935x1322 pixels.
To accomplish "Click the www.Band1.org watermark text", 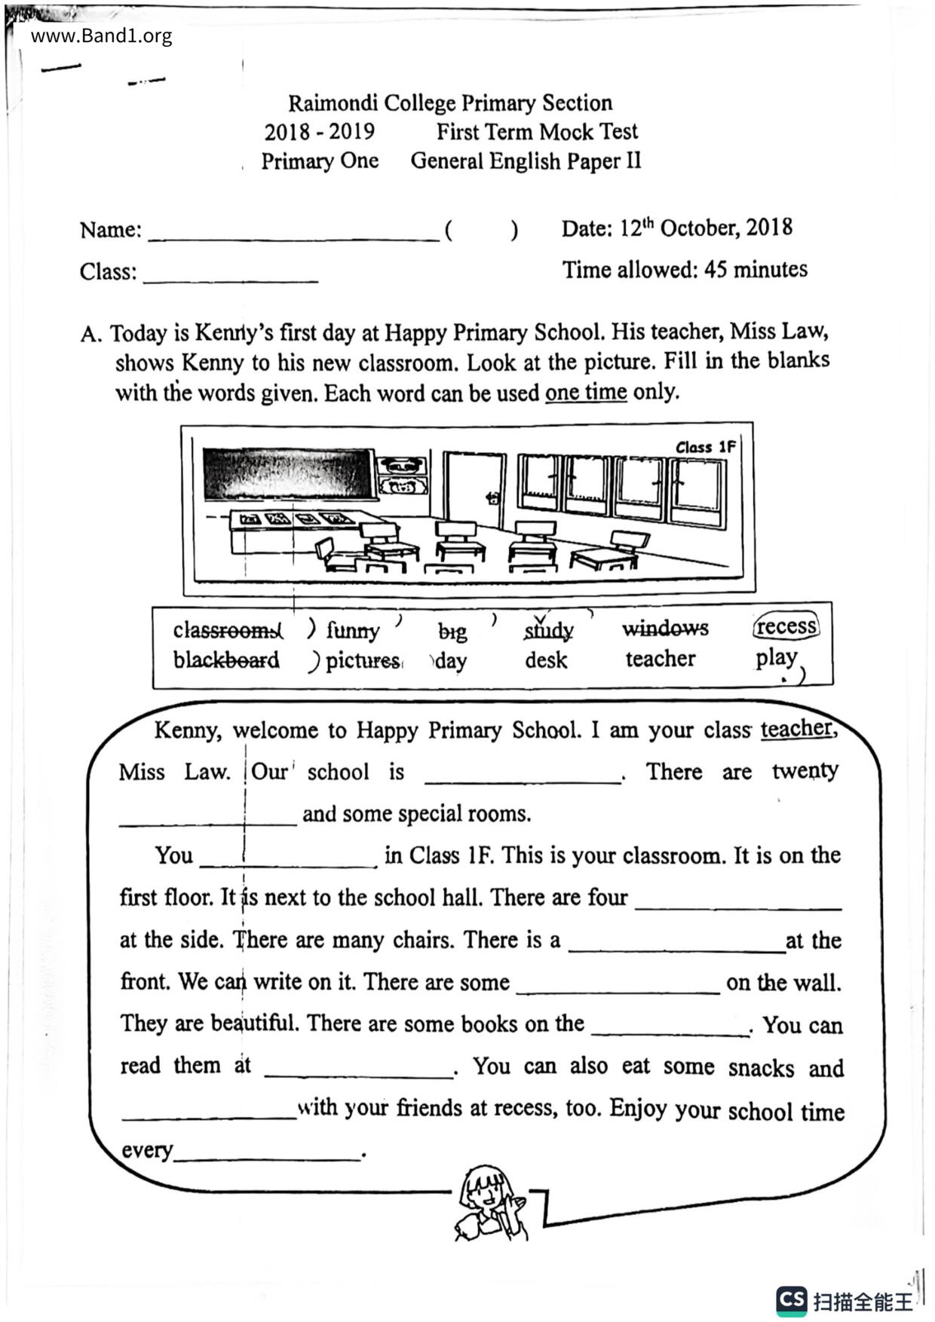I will (101, 36).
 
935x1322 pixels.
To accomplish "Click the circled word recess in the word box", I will (786, 626).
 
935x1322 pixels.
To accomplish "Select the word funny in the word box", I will (353, 629).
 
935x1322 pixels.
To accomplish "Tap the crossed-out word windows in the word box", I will (665, 628).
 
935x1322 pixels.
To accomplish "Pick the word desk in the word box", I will (546, 660).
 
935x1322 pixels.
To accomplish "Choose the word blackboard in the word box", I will (226, 660).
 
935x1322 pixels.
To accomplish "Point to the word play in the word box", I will (777, 658).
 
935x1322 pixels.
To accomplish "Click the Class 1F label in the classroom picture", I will (705, 447).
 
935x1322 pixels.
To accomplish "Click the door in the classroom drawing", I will (474, 489).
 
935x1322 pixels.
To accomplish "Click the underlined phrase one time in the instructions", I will (586, 393).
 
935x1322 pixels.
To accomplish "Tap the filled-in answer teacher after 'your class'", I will (797, 729).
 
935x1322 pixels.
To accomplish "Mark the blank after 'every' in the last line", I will (268, 1154).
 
